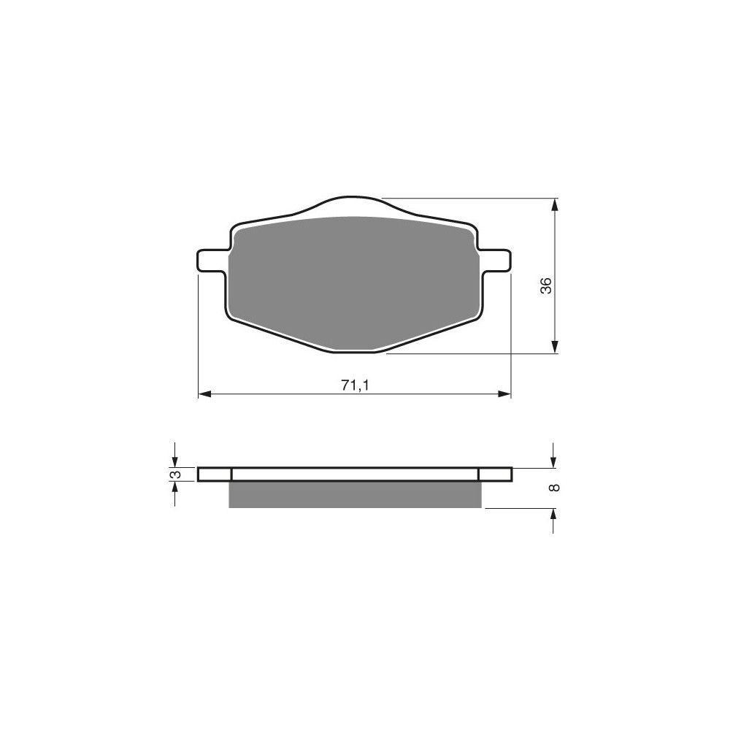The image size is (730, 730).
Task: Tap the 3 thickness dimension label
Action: [x=175, y=474]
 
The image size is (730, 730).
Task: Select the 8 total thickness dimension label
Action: [x=554, y=488]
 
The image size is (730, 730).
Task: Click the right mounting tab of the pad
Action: [x=496, y=261]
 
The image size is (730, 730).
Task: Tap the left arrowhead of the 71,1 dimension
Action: [x=205, y=394]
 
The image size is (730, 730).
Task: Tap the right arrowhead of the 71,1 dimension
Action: [x=504, y=394]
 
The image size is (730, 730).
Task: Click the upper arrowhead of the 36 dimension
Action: [x=554, y=205]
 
